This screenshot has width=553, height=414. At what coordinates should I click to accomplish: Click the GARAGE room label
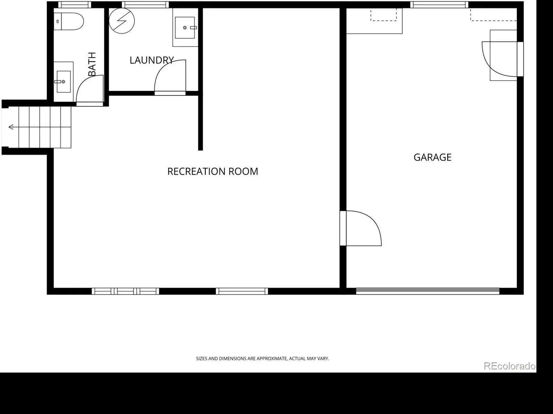pos(432,157)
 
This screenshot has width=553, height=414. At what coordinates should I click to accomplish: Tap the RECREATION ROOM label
pos(213,171)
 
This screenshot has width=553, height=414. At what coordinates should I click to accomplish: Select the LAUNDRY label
pos(152,60)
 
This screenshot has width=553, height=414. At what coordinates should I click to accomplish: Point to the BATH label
pos(92,64)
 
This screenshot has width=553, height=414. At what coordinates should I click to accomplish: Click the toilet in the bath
pos(68,21)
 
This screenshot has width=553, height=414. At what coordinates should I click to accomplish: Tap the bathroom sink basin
pos(64,81)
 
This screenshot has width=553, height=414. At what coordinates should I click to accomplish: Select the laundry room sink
pos(185,28)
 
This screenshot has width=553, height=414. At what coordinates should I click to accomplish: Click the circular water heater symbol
pos(122,21)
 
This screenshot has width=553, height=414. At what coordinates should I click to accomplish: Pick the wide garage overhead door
pos(428,291)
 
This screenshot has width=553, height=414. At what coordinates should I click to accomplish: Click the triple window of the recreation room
pos(125,291)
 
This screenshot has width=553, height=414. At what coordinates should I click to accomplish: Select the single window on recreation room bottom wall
pos(242,291)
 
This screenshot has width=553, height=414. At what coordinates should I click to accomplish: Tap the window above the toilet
pos(75,4)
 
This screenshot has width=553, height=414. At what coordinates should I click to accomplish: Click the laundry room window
pos(146,4)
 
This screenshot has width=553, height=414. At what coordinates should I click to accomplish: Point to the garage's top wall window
pos(439,4)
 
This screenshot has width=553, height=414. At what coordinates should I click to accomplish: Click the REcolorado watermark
pos(509,366)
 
